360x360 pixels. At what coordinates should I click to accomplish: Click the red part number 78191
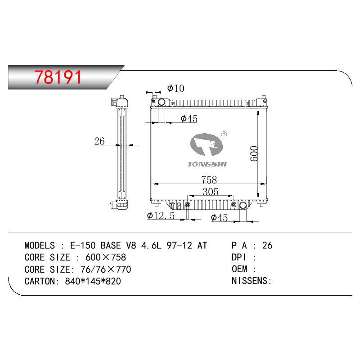pos(58,77)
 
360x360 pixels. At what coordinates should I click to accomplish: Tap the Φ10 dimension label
pos(175,88)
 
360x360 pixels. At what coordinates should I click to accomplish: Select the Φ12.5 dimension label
pos(161,216)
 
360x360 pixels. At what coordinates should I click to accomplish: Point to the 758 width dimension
pos(209,180)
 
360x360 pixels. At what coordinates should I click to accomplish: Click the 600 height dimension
pos(254,153)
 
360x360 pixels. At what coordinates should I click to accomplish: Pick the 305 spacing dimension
pos(211,192)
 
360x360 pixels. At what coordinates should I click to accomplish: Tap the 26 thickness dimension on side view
pos(99,141)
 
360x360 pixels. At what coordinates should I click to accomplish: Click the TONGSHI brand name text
pos(207,164)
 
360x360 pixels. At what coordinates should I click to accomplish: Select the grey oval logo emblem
pos(207,144)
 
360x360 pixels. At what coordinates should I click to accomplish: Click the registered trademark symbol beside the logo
pos(224,134)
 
